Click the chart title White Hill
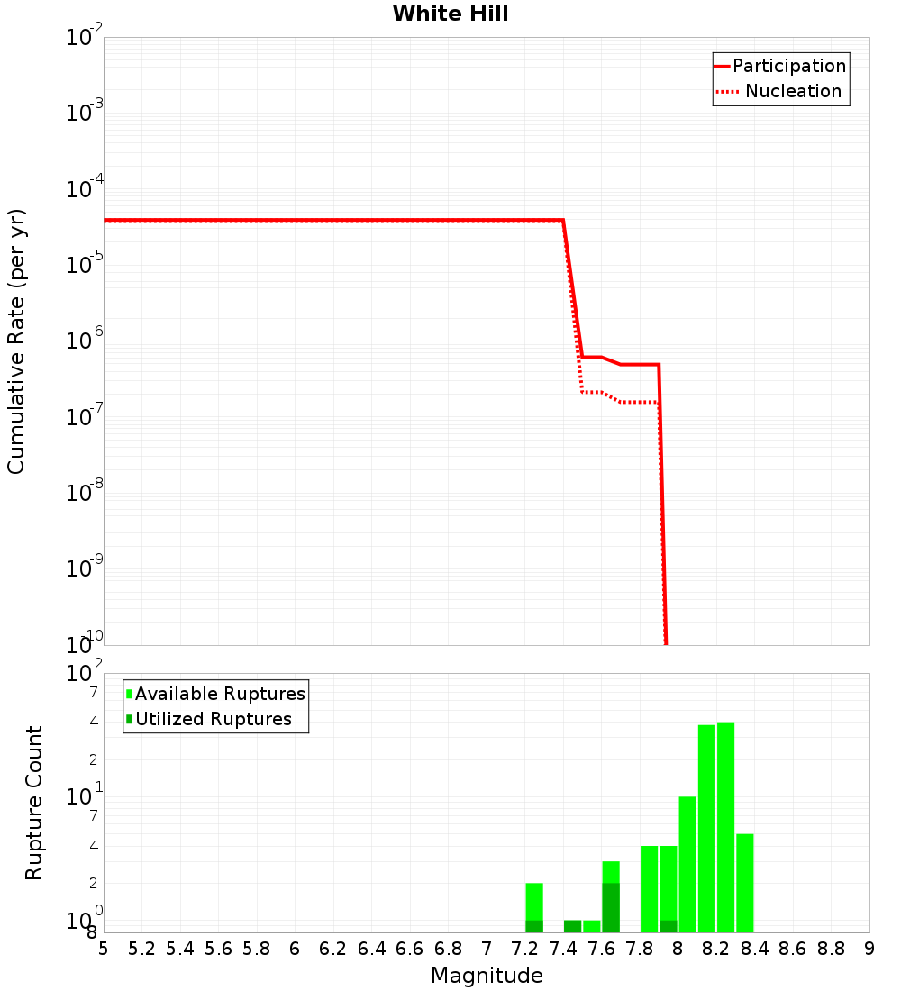click(450, 14)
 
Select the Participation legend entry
click(788, 66)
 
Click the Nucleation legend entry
click(792, 91)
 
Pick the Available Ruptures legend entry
click(220, 694)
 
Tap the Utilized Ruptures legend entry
click(213, 719)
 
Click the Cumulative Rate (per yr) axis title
click(16, 341)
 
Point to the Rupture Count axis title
click(34, 803)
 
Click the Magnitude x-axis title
click(487, 976)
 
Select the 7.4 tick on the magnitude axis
click(563, 949)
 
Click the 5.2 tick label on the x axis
click(141, 949)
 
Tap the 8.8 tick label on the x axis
click(831, 949)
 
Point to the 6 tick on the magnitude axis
click(295, 949)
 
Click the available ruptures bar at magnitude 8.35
click(744, 883)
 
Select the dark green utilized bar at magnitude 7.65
click(611, 908)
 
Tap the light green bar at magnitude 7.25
click(534, 901)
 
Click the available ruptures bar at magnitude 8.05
click(687, 865)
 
